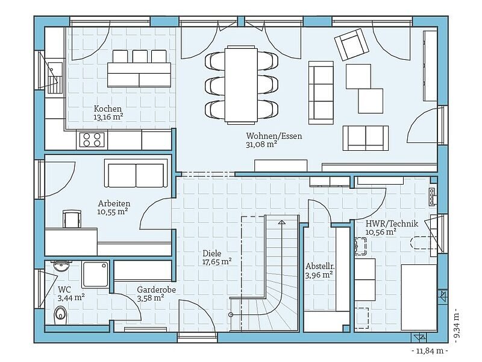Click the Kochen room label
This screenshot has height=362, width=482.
tap(108, 109)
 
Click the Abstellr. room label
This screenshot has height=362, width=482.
tap(320, 266)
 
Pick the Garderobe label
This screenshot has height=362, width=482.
tap(156, 290)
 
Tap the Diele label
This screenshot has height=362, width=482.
tap(212, 253)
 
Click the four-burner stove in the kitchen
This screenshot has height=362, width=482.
tap(92, 139)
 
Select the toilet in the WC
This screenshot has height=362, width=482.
tap(60, 315)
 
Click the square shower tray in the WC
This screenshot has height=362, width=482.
tap(96, 275)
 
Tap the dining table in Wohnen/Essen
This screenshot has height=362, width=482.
tap(242, 84)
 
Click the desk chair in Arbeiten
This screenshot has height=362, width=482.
tap(72, 219)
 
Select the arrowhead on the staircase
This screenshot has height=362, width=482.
tap(281, 222)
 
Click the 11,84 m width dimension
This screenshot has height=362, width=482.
tap(430, 351)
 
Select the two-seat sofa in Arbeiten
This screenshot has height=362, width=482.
tap(136, 174)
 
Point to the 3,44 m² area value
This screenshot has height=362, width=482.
tap(71, 297)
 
